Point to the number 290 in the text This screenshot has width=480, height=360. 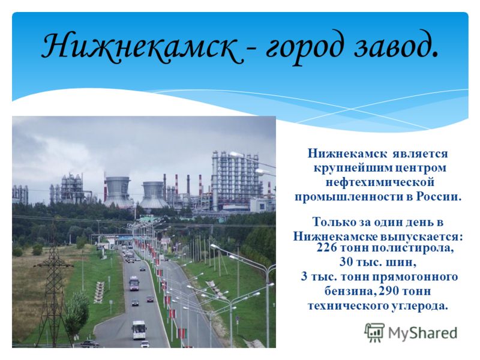pos(388,291)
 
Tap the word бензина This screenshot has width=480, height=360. pos(350,291)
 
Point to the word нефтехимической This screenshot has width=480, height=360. pos(380,183)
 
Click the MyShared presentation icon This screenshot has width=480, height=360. pos(374,332)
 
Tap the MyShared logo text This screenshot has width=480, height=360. pos(423,333)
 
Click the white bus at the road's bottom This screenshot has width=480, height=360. pos(139,330)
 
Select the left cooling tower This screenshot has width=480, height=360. pos(118,191)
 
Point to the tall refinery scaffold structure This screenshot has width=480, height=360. pos(235,181)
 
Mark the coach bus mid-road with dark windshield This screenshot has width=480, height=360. pos(134,283)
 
